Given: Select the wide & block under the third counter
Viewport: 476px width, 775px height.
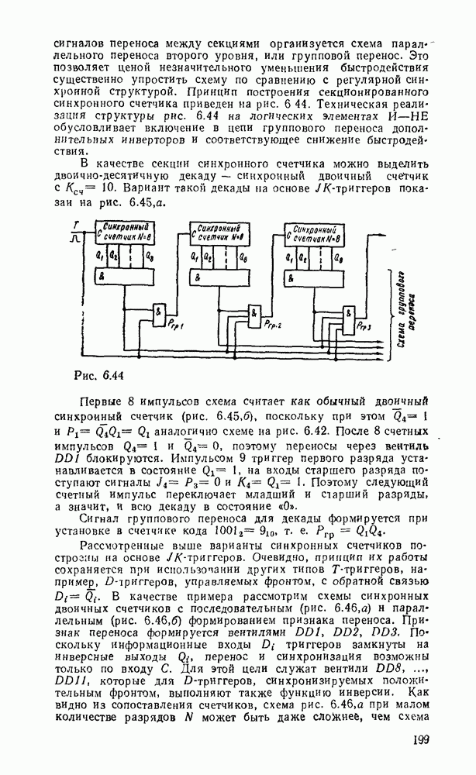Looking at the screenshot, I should (x=315, y=276).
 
